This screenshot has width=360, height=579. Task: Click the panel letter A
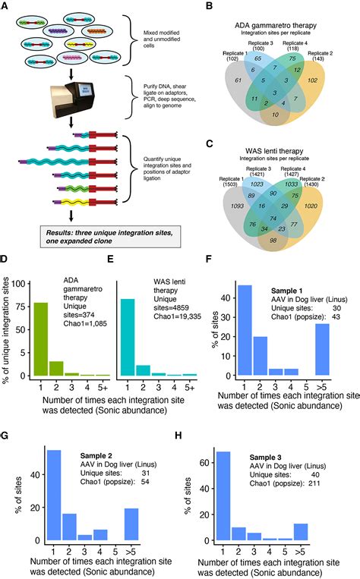[7, 6]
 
